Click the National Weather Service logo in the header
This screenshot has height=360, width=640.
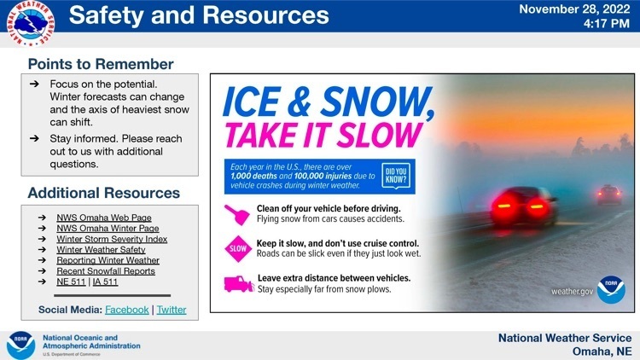coord(31,23)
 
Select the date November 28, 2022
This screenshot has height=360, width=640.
coord(574,9)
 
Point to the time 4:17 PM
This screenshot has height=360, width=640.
coord(607,24)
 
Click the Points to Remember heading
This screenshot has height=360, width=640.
coord(101,64)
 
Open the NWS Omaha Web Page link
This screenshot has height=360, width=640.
coord(104,218)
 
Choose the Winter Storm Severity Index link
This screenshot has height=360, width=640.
coord(112,239)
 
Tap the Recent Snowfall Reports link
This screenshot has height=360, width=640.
coord(106,271)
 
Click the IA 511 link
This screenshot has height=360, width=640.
coord(105,282)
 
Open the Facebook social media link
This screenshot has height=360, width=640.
coord(127,310)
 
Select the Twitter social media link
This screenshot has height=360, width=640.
coord(172,310)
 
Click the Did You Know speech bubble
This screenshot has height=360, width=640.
coord(396,176)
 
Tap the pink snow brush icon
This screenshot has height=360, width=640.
coord(237,215)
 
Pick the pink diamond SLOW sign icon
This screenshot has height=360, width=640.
coord(238,248)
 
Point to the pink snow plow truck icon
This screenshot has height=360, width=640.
coord(239,284)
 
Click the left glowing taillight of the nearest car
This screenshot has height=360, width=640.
coord(505,205)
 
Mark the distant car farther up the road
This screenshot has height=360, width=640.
coord(609,195)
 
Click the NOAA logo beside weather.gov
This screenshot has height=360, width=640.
coord(611,289)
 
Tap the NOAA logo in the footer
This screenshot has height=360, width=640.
coord(21,345)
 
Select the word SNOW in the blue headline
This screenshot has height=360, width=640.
coord(375,102)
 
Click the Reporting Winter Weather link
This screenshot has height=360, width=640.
coord(108,260)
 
